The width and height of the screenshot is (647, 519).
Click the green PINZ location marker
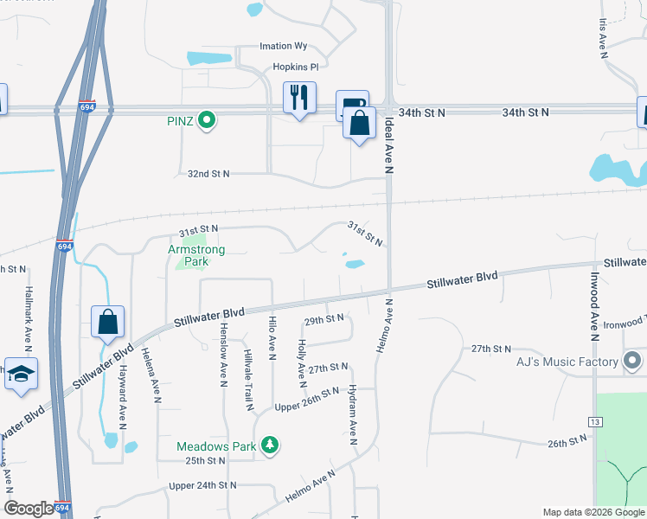[206, 120]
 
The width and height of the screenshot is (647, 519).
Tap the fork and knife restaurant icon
[299, 97]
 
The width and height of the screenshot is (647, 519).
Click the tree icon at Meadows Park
[271, 445]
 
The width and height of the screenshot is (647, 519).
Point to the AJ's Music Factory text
[566, 361]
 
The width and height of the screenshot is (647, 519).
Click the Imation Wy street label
[284, 47]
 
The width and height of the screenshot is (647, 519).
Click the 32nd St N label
[208, 174]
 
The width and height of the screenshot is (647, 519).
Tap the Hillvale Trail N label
[247, 381]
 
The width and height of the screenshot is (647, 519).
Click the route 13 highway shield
[594, 422]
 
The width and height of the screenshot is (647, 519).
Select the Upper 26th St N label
[306, 400]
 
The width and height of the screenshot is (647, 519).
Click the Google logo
[29, 509]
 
